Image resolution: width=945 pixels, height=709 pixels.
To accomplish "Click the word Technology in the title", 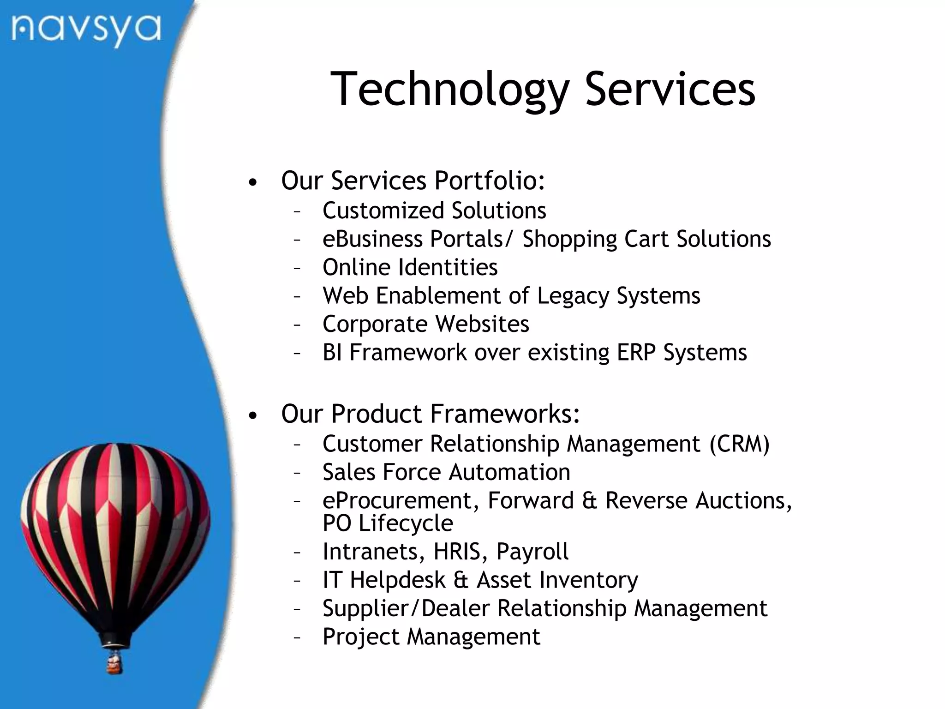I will pos(449,90).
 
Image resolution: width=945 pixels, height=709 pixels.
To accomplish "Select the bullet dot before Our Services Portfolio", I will pos(252,183).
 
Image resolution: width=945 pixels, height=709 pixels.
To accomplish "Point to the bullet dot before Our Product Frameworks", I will pos(252,416).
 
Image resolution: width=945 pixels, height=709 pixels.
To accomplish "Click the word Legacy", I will pos(573,296).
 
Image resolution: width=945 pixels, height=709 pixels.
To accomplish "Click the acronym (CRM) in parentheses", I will pos(740,444).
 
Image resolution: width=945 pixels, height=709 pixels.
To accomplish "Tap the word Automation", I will pos(509,472).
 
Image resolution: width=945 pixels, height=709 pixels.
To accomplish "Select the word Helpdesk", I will pos(397,580).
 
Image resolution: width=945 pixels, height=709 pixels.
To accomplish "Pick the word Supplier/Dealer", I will pos(406,608).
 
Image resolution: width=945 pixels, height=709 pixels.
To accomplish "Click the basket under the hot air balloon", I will pos(114,664).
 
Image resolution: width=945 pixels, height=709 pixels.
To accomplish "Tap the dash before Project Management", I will pos(297,637).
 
